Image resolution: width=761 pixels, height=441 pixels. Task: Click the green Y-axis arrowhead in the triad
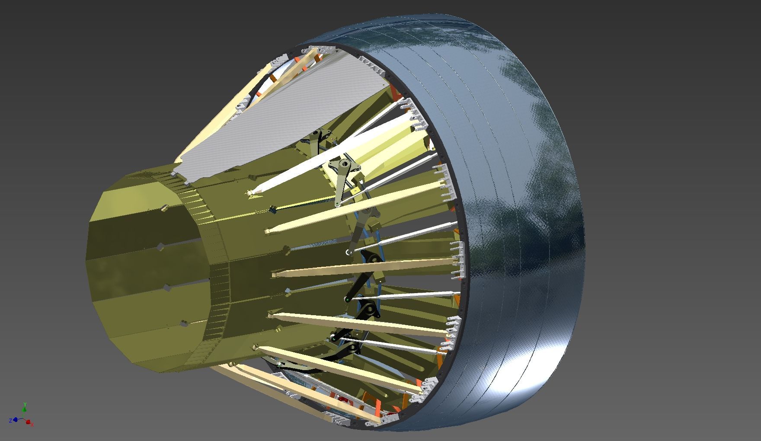(x=25, y=408)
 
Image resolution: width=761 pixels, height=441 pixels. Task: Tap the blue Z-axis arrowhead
(x=15, y=419)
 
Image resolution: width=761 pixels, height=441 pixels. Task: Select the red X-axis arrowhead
(x=29, y=422)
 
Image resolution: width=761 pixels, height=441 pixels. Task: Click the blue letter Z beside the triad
(x=10, y=420)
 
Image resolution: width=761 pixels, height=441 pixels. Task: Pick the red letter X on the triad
(x=32, y=425)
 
